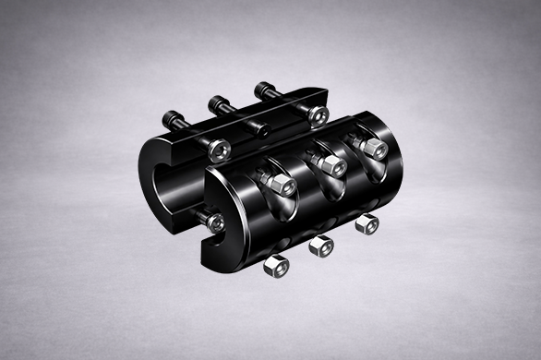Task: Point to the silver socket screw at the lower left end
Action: (215, 222)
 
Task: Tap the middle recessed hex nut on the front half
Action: (325, 165)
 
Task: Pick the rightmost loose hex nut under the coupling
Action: (367, 223)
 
